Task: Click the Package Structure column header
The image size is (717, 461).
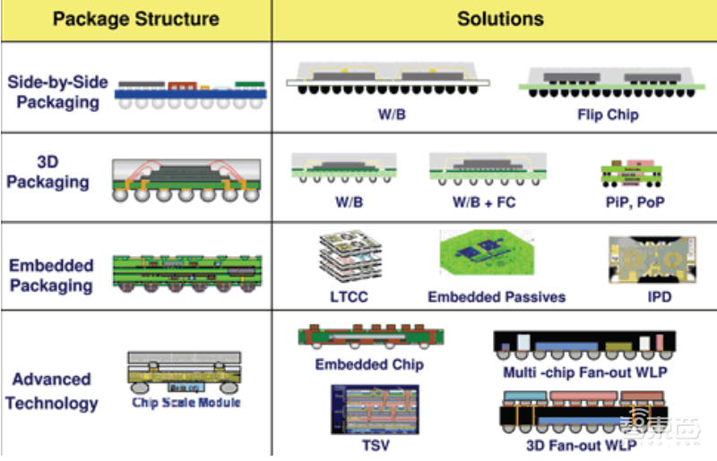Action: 135,19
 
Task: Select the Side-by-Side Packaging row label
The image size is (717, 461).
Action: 57,92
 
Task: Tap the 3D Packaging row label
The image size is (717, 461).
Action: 49,173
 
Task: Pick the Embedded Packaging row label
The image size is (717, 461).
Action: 51,276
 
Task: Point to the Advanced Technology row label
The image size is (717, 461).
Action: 51,391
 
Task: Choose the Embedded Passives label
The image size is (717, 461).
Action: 497,296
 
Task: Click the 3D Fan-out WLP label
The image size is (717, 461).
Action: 583,445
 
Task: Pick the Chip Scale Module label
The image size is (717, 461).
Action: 186,403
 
